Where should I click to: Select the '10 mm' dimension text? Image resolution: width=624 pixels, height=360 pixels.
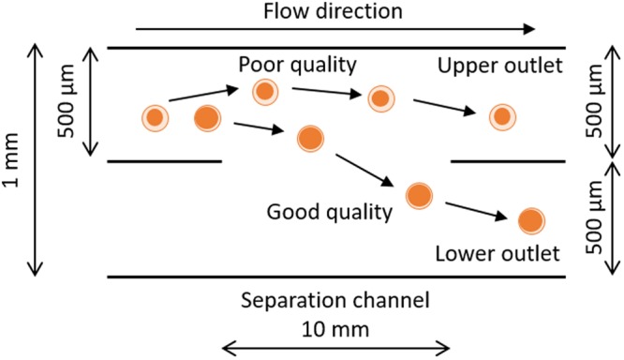click(335, 329)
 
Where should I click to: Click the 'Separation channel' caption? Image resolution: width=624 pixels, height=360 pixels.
click(335, 302)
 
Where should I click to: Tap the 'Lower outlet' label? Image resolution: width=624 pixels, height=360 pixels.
click(498, 253)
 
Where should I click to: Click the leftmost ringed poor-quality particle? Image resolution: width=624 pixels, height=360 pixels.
click(156, 118)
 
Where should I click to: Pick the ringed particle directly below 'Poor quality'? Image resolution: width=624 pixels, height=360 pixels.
click(266, 91)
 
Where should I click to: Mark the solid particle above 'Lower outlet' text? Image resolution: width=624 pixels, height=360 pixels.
click(531, 220)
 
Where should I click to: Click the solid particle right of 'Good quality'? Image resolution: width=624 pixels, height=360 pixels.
click(420, 195)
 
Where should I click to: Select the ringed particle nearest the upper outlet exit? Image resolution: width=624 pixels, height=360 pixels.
click(502, 116)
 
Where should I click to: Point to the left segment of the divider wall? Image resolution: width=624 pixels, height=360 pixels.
click(165, 161)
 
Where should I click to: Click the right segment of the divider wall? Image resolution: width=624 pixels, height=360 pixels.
click(508, 161)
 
